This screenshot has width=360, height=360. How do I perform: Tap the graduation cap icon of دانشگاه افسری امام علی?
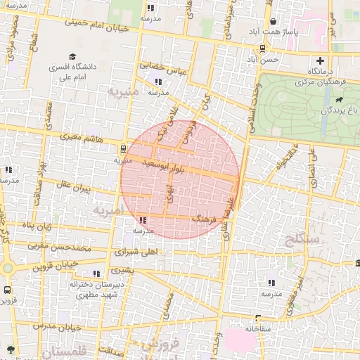[73, 57]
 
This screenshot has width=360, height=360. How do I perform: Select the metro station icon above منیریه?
[123, 149]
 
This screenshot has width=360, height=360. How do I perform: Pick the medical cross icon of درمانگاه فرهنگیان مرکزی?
[321, 60]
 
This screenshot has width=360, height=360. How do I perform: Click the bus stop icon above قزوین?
[8, 289]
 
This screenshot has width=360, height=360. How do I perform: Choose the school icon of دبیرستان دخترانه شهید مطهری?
[97, 274]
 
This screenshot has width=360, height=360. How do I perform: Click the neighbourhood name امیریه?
[108, 210]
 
